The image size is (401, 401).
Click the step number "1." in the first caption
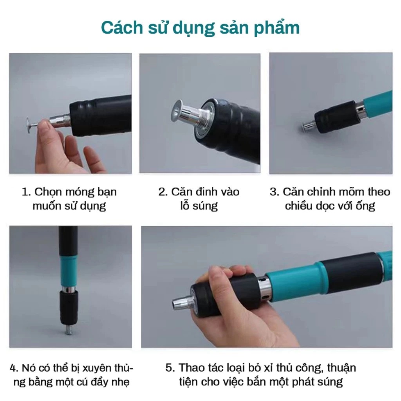tap(26, 192)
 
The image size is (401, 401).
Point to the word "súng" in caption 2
tap(205, 206)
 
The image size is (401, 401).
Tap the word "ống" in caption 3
tap(367, 205)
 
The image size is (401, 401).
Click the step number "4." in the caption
tap(14, 368)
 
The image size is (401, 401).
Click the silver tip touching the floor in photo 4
tap(69, 331)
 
